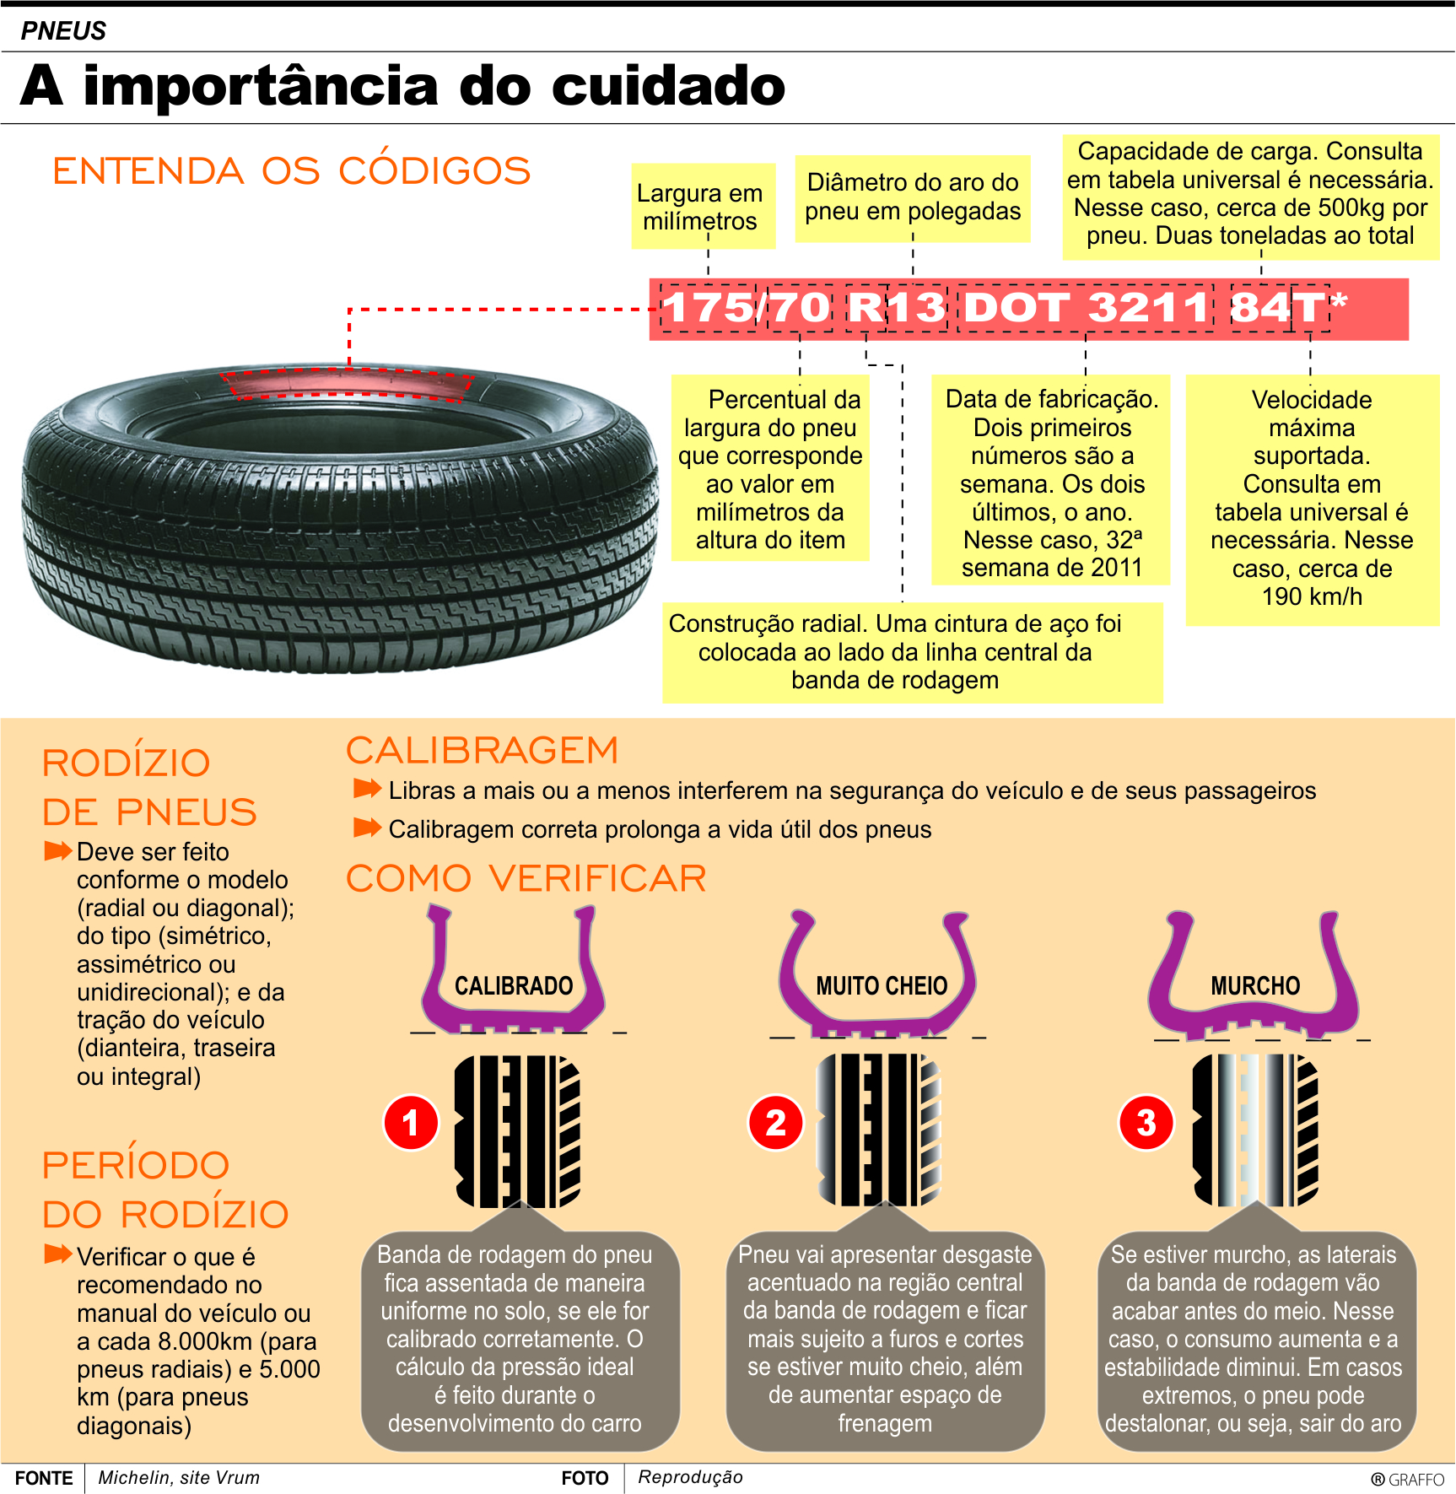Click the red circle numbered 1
411,1123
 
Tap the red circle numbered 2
775,1123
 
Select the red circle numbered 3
1146,1123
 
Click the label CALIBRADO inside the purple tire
514,985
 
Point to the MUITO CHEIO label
882,985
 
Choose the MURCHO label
1255,985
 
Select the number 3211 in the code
1148,307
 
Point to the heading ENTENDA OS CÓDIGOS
291,171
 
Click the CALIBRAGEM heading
482,751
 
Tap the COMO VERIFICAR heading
526,879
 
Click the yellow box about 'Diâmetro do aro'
913,197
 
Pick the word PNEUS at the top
63,31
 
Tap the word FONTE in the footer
44,1478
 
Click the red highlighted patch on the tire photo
348,384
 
